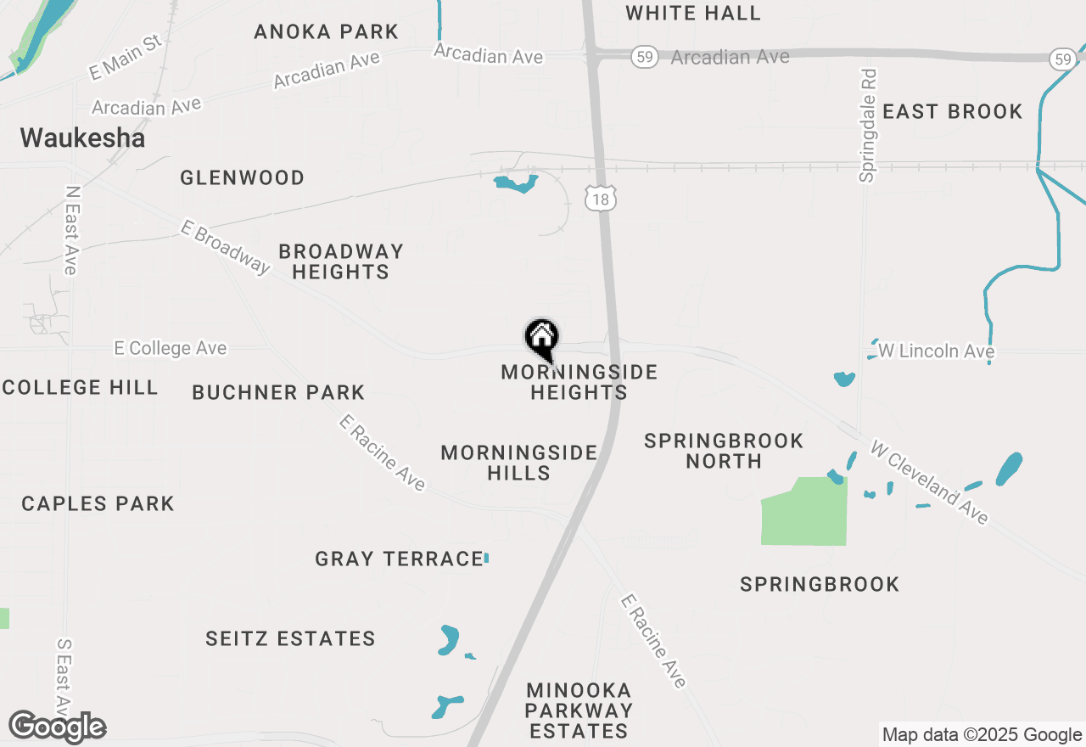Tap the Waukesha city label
(x=82, y=138)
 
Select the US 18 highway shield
(x=600, y=198)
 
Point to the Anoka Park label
(x=327, y=32)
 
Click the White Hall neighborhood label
(x=693, y=13)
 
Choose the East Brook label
(x=953, y=112)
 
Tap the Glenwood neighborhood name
(x=243, y=177)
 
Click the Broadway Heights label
(x=341, y=261)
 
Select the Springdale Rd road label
(x=867, y=126)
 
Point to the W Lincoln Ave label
(x=936, y=351)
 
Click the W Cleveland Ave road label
(x=930, y=481)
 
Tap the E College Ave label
(x=171, y=349)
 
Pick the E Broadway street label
(x=225, y=247)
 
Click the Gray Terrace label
(x=399, y=559)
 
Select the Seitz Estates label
(x=290, y=638)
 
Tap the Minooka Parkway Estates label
(x=579, y=710)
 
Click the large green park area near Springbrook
(x=805, y=512)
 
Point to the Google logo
(x=58, y=727)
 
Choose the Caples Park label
(x=98, y=503)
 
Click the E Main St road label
(x=126, y=57)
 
